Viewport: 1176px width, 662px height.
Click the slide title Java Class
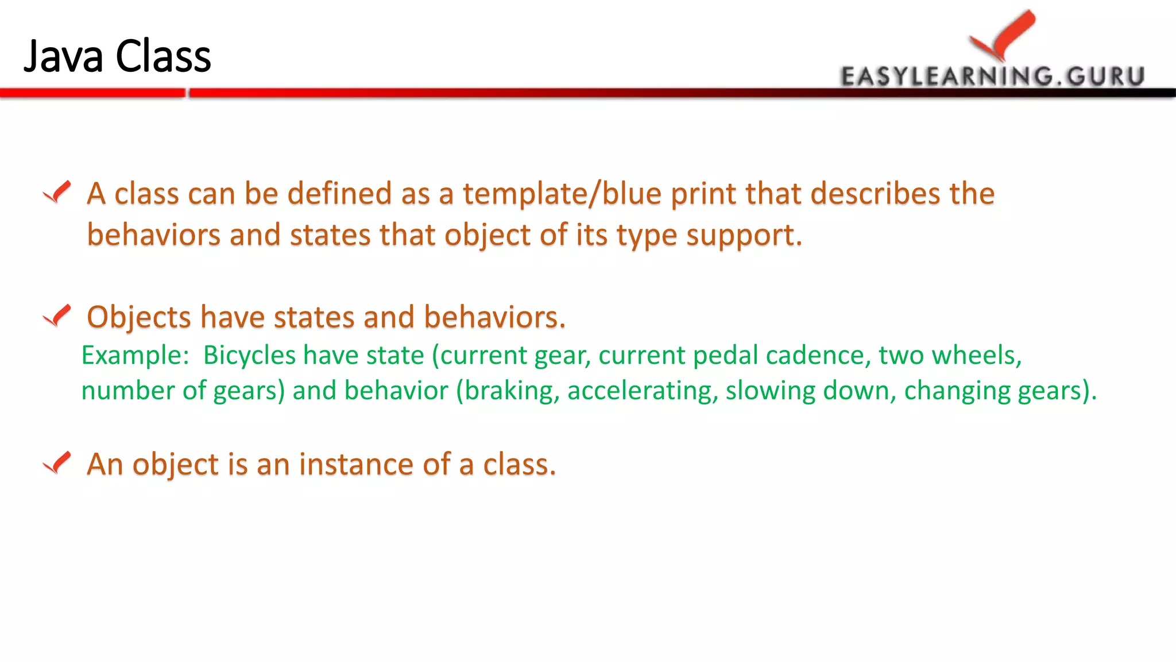click(117, 56)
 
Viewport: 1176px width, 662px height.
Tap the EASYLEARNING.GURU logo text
click(992, 76)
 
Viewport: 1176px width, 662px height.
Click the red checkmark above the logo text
click(1004, 34)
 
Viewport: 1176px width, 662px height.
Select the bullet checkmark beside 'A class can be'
click(57, 192)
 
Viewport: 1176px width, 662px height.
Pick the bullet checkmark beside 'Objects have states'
click(57, 315)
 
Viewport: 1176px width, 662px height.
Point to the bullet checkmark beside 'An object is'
click(57, 463)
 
